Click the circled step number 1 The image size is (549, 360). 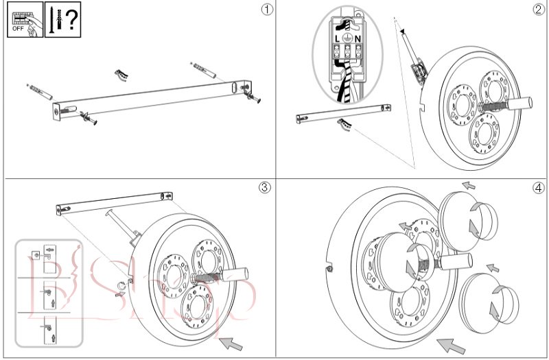267,10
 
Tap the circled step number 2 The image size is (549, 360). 538,10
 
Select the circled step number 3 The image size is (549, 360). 267,187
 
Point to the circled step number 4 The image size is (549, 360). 538,187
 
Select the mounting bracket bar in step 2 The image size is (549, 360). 343,112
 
